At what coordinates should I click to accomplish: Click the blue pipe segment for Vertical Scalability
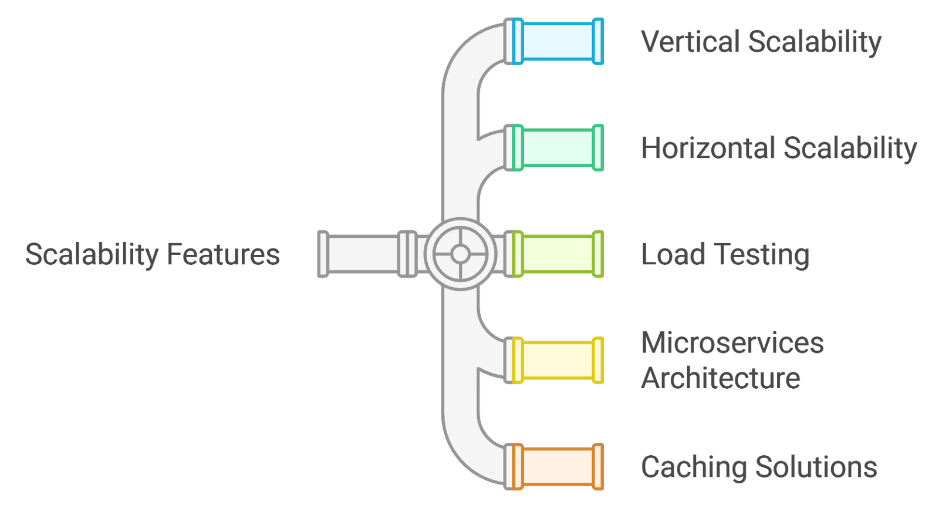click(x=558, y=41)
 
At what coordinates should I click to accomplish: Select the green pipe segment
click(x=558, y=147)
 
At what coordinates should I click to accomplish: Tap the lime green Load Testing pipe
click(x=558, y=254)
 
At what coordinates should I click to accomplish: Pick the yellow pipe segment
click(x=558, y=360)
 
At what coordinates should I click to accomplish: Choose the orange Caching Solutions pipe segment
click(x=558, y=466)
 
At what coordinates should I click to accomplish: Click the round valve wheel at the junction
click(x=460, y=254)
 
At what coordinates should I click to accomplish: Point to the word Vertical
click(x=690, y=42)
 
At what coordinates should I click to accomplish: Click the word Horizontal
click(x=707, y=148)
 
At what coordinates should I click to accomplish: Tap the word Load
click(x=673, y=255)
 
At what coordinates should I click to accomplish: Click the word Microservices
click(x=732, y=343)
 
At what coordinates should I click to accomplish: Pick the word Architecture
click(x=721, y=378)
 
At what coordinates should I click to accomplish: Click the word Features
click(x=223, y=255)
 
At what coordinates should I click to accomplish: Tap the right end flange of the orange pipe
click(x=597, y=466)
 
